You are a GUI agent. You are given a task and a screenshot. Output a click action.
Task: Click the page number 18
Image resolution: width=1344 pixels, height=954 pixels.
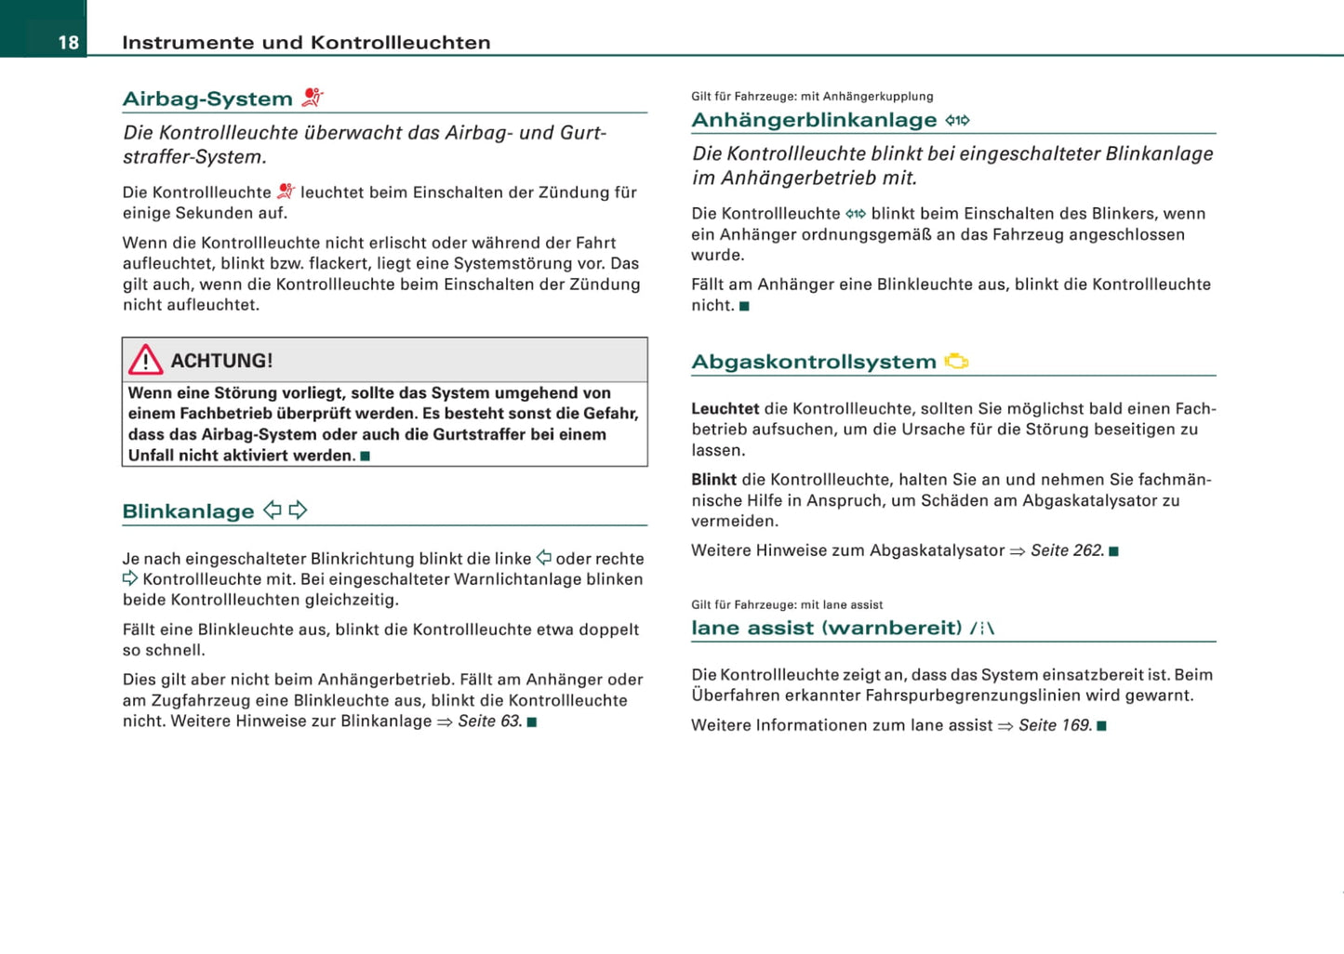[x=68, y=43]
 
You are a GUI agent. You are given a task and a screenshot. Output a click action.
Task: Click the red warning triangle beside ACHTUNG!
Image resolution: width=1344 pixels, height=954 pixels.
[x=146, y=360]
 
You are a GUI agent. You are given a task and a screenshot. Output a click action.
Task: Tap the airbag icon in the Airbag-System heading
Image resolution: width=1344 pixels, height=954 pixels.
[x=313, y=97]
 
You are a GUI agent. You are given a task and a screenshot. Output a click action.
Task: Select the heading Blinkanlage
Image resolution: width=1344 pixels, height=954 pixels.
[x=188, y=511]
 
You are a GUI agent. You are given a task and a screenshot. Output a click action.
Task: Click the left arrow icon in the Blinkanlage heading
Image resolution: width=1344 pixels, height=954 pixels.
[x=273, y=510]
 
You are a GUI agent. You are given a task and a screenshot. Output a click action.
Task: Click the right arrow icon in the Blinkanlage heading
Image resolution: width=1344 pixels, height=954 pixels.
[x=298, y=510]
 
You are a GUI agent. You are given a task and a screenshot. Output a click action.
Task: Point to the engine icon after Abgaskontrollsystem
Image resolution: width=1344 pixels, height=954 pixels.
[x=956, y=361]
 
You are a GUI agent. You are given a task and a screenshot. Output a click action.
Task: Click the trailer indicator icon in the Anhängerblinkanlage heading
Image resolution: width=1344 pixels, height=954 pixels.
[x=957, y=120]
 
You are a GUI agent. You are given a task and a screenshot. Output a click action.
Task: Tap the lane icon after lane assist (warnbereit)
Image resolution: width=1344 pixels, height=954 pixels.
[x=982, y=629]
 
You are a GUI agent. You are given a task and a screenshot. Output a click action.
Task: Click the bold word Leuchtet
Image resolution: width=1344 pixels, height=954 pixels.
[x=725, y=408]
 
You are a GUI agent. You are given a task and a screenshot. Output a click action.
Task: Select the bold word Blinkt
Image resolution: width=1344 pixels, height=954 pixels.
[x=713, y=480]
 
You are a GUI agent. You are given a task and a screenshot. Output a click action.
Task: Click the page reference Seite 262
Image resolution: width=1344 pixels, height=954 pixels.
[x=1067, y=550]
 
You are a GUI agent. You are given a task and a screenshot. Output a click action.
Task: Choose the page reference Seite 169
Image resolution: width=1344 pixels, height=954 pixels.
[x=1055, y=725]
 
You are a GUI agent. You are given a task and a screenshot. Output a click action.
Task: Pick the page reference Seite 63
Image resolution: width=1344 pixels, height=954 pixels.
[x=489, y=722]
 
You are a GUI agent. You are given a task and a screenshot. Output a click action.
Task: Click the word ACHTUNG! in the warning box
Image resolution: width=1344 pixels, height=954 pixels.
[x=221, y=361]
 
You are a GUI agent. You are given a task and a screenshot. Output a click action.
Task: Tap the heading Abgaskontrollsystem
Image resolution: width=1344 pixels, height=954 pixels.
[x=814, y=362]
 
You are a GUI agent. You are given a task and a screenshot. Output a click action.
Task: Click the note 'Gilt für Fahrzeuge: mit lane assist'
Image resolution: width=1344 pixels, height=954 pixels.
[x=787, y=604]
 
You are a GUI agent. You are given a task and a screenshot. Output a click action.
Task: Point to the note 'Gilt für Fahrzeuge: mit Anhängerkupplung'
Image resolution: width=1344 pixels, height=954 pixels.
[x=812, y=97]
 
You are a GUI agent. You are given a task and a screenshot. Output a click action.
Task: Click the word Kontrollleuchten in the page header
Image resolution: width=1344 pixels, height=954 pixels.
[x=401, y=43]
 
